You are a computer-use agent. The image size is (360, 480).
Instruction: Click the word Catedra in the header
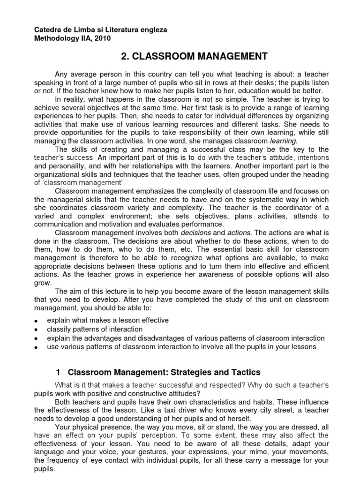coord(49,30)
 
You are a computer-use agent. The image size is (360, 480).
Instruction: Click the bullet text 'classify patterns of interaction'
coord(95,329)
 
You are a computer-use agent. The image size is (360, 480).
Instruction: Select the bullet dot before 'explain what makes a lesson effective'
coord(37,321)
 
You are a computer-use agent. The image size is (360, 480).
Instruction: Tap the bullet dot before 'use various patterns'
coord(37,347)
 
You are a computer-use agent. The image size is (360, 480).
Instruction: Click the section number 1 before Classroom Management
coord(58,372)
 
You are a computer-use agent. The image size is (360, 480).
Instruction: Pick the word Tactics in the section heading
coord(245,372)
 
